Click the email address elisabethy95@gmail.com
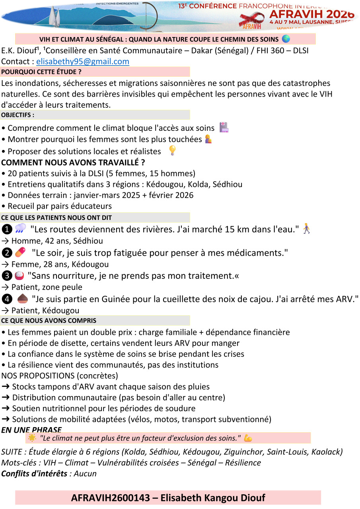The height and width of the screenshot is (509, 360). click(83, 61)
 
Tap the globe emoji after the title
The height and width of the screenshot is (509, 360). click(286, 39)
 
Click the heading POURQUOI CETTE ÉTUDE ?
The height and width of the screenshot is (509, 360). click(41, 72)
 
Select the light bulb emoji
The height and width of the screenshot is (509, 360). click(172, 150)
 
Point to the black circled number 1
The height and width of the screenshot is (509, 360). click(7, 229)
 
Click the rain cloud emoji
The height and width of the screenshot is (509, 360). click(20, 229)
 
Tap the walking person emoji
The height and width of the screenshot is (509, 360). click(306, 229)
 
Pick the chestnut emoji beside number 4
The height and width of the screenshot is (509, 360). click(22, 298)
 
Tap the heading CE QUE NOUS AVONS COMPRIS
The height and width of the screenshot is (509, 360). click(49, 321)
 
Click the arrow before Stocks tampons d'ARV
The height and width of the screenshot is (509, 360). click(6, 387)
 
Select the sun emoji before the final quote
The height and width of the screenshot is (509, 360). click(32, 438)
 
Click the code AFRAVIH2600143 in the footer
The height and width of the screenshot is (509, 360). click(111, 497)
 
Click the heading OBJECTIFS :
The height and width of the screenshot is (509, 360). click(18, 115)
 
